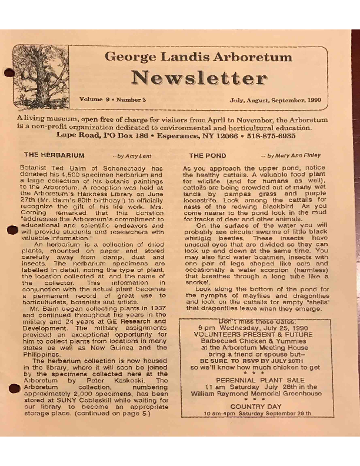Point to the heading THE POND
coord(204,155)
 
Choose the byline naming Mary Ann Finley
coord(294,155)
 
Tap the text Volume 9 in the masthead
coord(95,100)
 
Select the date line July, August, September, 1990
coord(275,100)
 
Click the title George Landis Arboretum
coord(198,57)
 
